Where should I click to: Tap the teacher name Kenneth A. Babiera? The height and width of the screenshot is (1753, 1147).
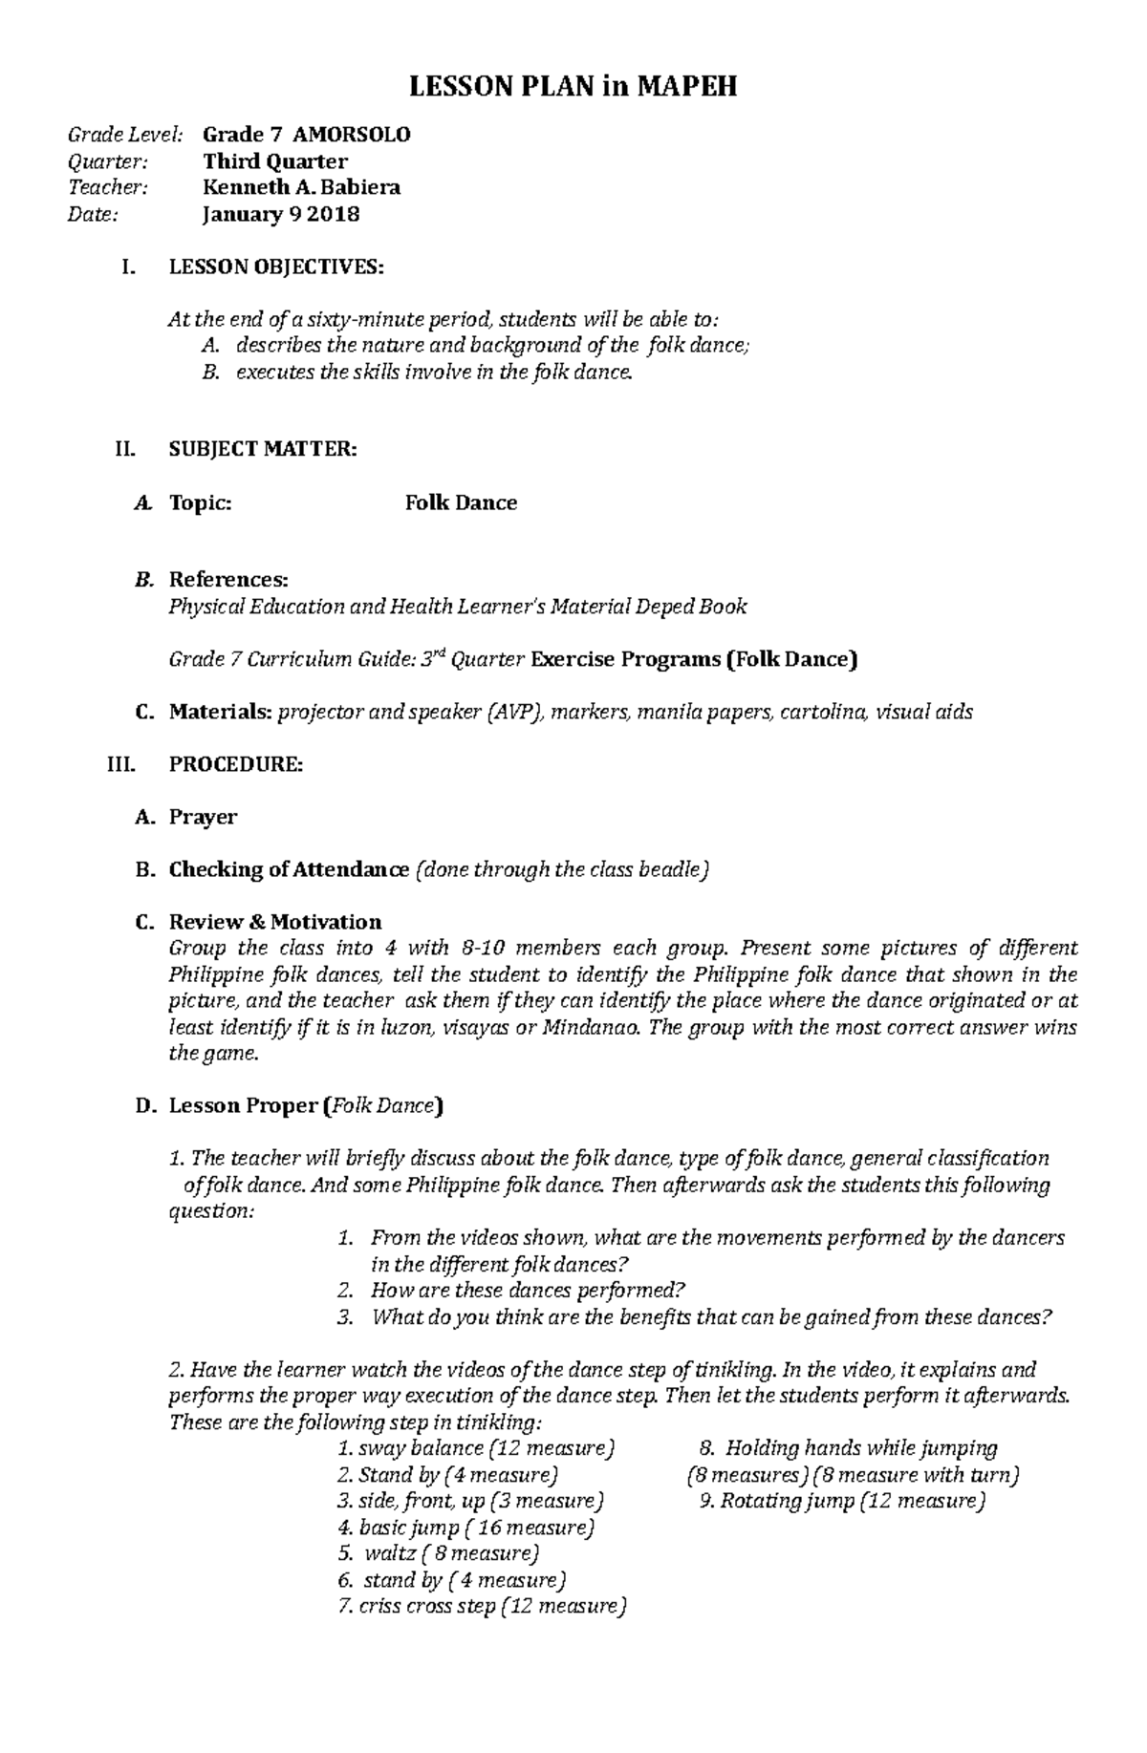301,187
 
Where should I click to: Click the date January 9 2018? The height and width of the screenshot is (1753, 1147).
280,214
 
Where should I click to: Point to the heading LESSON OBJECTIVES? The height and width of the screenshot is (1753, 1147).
276,267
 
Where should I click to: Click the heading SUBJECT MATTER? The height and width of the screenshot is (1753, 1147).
263,449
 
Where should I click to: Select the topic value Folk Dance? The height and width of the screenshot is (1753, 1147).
461,502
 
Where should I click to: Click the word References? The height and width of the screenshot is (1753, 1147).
228,580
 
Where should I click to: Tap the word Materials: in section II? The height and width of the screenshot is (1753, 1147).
221,712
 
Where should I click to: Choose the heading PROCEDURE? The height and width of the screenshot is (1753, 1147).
236,764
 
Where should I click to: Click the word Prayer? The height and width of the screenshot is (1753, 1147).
203,817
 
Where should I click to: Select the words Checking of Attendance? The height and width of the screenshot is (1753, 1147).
289,869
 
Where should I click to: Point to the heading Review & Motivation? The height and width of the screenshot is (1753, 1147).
275,922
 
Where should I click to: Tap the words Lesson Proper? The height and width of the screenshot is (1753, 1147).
244,1106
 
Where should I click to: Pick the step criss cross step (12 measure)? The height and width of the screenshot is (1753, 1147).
482,1606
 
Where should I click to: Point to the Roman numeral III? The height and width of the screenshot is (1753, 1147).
123,764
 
